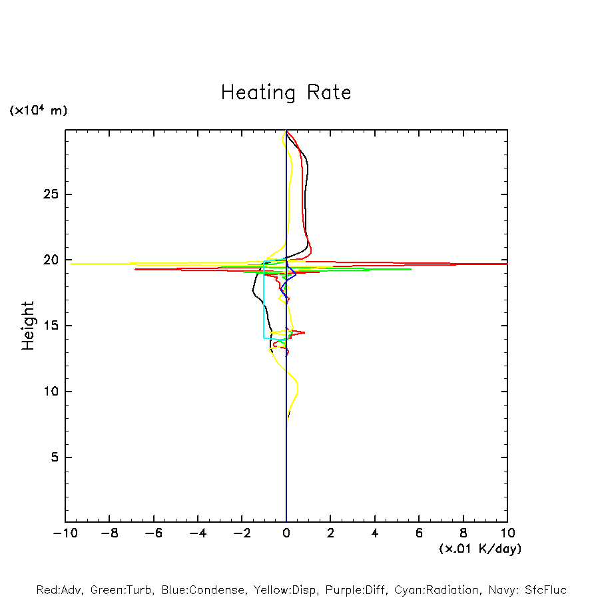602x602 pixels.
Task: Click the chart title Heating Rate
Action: pos(286,93)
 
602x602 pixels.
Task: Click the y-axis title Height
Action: pos(28,326)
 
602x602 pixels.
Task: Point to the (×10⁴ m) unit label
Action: pos(38,111)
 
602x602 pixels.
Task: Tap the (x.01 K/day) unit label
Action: pos(480,549)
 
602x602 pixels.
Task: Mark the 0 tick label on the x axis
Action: pos(286,533)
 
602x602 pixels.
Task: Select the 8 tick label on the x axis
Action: pos(463,533)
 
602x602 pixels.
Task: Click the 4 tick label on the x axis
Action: pos(375,533)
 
